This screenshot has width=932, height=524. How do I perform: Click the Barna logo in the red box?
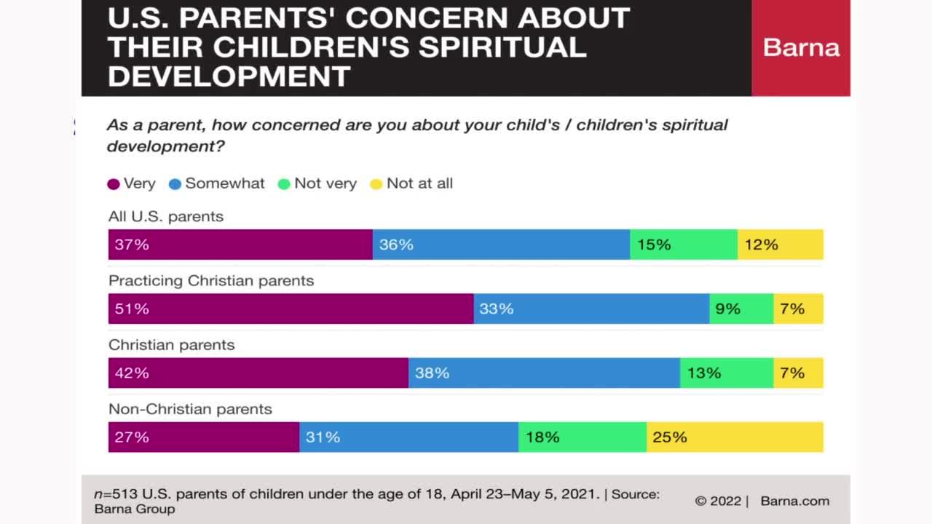[x=801, y=48]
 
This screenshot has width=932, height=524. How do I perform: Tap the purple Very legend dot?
[x=114, y=184]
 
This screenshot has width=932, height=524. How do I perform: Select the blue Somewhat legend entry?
[x=217, y=183]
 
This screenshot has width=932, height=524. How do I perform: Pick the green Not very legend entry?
[x=317, y=183]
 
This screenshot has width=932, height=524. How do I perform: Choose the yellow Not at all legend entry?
[x=411, y=183]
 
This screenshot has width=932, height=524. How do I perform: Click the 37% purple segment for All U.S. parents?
[x=240, y=245]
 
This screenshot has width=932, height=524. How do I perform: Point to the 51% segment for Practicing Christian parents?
[x=291, y=309]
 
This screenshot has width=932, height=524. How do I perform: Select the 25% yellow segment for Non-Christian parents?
[x=735, y=437]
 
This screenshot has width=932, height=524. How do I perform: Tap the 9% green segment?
[x=741, y=309]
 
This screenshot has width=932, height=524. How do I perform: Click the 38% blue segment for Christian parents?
[x=544, y=373]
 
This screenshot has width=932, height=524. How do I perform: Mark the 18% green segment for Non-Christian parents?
[x=582, y=437]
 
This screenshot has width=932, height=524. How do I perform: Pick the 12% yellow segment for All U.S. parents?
[x=780, y=245]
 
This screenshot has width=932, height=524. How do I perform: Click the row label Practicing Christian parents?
[x=211, y=281]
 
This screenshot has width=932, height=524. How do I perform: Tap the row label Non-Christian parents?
[x=190, y=409]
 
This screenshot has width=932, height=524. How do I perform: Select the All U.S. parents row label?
[x=166, y=217]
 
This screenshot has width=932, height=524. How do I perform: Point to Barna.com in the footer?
[x=794, y=501]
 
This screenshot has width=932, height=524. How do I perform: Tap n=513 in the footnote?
[x=114, y=494]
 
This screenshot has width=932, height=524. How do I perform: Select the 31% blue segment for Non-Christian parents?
[x=408, y=437]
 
